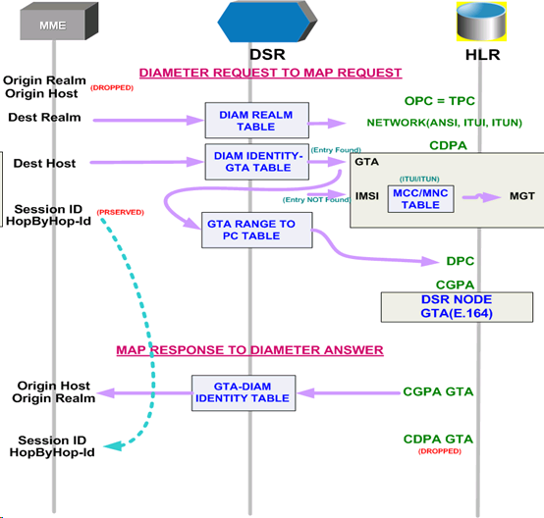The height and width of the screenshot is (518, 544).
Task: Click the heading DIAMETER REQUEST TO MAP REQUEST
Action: (270, 73)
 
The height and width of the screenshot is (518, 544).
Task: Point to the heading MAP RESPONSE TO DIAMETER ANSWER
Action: (249, 350)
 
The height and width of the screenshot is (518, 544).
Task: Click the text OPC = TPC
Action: (439, 101)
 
